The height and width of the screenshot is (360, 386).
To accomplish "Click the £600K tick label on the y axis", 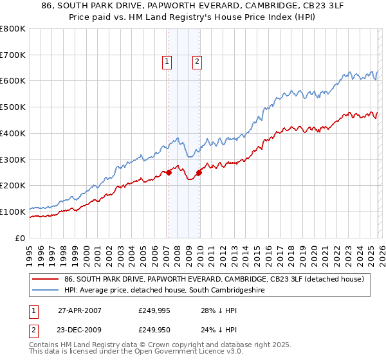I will point(13,81).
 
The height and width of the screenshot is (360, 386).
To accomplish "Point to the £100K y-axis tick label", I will point(13,212).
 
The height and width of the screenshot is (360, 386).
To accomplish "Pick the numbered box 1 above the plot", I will point(167,62).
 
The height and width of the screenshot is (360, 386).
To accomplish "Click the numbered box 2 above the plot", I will point(196,62).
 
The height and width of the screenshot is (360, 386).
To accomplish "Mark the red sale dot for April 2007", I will point(169,172).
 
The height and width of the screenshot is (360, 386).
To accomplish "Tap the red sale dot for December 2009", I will point(199,172).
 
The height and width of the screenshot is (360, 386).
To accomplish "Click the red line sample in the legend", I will point(46,279).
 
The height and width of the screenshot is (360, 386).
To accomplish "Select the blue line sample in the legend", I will point(46,291).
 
